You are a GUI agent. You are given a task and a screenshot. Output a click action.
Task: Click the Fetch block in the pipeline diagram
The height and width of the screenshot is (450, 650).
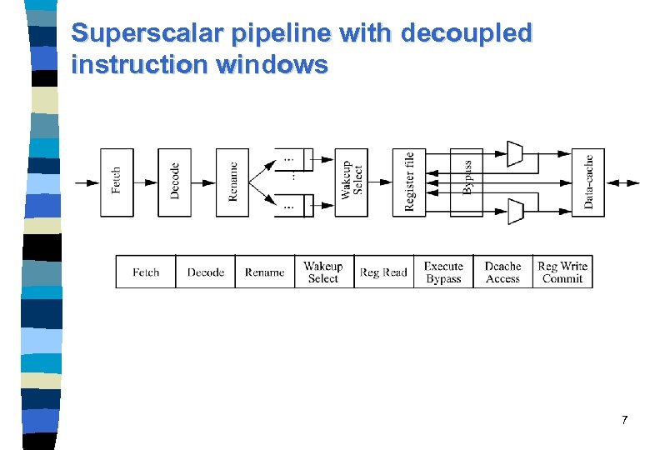point(117,182)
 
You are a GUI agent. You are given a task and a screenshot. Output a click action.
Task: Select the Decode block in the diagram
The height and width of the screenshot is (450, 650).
point(174,182)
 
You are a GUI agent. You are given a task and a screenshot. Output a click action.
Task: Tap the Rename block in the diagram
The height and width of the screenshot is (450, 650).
point(232,182)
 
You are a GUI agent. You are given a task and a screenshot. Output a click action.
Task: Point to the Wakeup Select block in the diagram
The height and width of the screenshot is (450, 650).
point(351,182)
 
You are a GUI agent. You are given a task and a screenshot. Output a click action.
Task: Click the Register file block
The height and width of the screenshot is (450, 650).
point(409,182)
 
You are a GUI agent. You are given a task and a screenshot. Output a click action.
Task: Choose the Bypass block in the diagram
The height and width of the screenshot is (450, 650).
point(467,182)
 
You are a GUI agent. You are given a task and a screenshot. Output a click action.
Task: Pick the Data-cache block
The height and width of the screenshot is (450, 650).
point(588,182)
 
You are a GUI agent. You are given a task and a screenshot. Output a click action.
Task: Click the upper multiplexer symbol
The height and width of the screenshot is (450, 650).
point(515,153)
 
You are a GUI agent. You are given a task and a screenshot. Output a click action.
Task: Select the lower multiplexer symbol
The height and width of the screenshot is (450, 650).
point(515,212)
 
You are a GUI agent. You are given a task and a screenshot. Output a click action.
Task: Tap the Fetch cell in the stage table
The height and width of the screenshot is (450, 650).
point(146,272)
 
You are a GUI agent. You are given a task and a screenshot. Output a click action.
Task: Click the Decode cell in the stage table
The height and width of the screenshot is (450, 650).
point(205,272)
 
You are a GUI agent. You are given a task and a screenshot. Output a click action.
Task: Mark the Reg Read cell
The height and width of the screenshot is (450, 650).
point(383,272)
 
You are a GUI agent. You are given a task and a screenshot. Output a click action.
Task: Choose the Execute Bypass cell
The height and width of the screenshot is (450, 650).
point(443,272)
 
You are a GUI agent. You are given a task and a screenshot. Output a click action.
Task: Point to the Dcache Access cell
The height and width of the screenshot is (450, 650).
point(502,272)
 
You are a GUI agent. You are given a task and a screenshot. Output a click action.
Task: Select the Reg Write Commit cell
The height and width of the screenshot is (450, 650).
point(562,272)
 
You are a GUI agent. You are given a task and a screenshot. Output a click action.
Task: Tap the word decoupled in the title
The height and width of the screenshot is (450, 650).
point(466,33)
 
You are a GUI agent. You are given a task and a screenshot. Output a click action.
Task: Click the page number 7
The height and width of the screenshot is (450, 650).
point(624,421)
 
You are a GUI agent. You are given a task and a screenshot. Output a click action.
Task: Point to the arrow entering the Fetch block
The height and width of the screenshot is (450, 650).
point(87,182)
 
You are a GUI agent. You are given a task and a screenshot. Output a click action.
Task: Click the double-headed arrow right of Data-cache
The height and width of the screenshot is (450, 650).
point(623,182)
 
